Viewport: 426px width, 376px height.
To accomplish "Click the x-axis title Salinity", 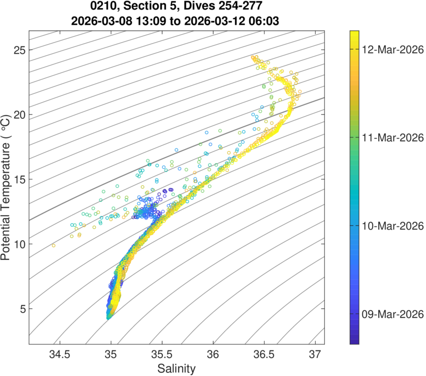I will pos(176,368).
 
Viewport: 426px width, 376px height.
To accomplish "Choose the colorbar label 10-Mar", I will pos(387,225).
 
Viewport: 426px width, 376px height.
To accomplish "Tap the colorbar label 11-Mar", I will pos(387,137).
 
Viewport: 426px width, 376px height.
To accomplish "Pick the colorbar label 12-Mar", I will pos(387,49).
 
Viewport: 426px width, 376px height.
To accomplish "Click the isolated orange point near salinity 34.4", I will pos(53,246).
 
